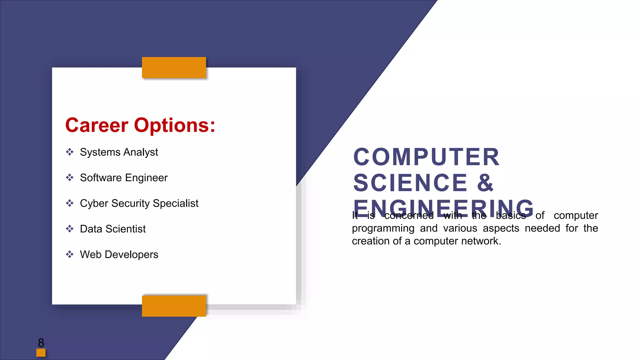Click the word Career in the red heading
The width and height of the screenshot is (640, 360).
pyautogui.click(x=97, y=125)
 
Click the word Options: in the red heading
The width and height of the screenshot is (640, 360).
pyautogui.click(x=175, y=125)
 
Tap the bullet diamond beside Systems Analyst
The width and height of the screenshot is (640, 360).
pyautogui.click(x=70, y=152)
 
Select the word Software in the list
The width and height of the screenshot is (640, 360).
pyautogui.click(x=101, y=178)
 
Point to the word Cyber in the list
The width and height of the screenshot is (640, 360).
pyautogui.click(x=94, y=203)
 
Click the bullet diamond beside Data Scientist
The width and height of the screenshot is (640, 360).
pyautogui.click(x=70, y=229)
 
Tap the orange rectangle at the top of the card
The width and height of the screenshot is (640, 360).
pyautogui.click(x=174, y=67)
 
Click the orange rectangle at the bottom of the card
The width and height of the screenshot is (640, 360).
pyautogui.click(x=174, y=306)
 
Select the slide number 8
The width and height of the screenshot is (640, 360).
pyautogui.click(x=41, y=343)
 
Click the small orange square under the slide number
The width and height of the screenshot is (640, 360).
pyautogui.click(x=41, y=353)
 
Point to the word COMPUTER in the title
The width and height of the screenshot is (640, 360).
pyautogui.click(x=426, y=157)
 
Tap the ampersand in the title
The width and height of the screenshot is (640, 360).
pyautogui.click(x=485, y=183)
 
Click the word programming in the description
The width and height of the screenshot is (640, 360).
pyautogui.click(x=383, y=228)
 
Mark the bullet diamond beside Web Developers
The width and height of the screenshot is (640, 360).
pyautogui.click(x=70, y=254)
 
